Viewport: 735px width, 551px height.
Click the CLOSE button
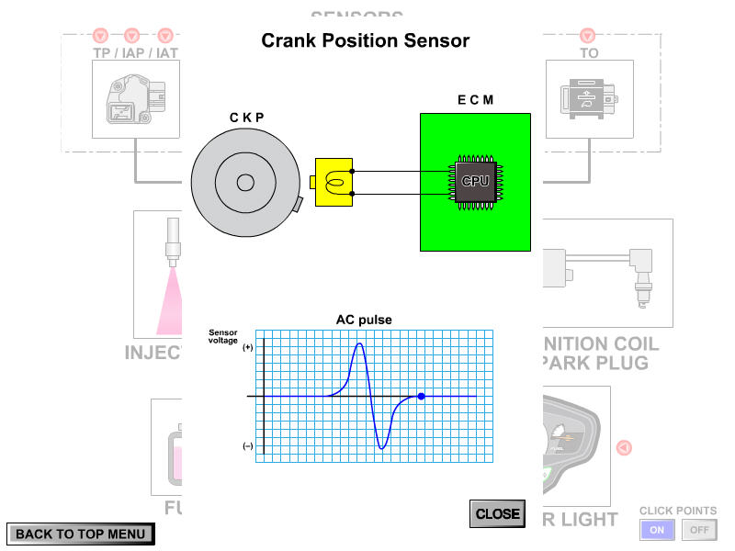click(497, 514)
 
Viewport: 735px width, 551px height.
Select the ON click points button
click(658, 530)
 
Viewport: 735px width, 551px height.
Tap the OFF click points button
click(700, 530)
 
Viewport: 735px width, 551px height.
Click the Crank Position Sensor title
click(366, 41)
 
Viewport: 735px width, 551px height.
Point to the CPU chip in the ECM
click(475, 181)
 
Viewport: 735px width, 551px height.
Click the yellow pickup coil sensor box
click(334, 181)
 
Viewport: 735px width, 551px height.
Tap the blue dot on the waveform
click(421, 397)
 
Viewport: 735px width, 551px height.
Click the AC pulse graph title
click(364, 320)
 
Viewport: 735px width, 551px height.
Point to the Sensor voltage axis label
click(223, 336)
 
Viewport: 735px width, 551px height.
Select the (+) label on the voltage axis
click(247, 348)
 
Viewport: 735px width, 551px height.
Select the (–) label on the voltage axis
click(247, 446)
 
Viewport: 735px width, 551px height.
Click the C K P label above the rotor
click(245, 117)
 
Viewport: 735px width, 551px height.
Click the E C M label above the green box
click(475, 99)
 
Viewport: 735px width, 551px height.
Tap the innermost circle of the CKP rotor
click(245, 182)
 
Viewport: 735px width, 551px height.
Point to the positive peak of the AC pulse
click(359, 343)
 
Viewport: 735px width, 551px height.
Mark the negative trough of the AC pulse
click(382, 448)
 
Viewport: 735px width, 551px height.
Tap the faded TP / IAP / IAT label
click(136, 53)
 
